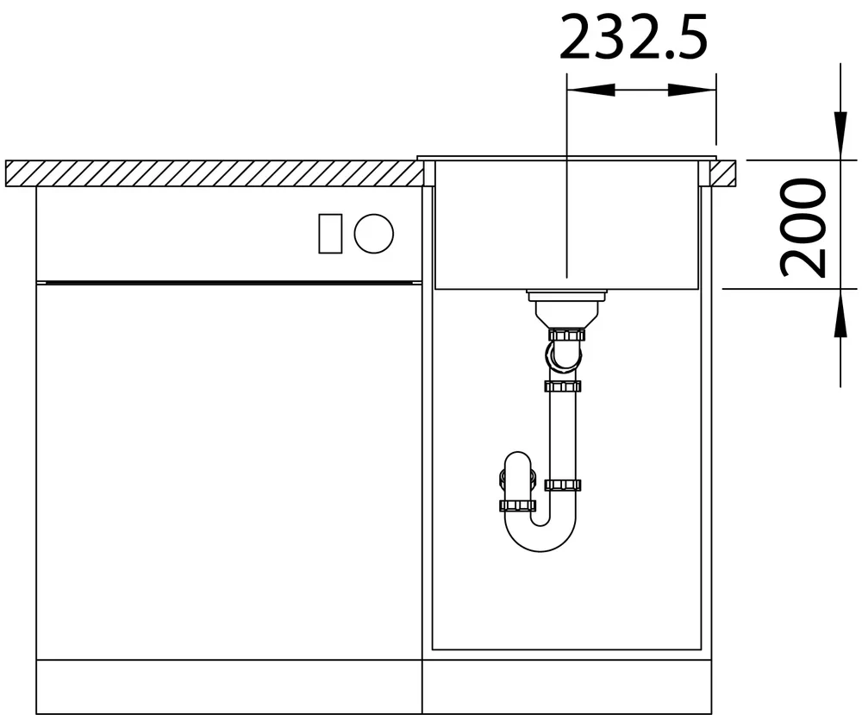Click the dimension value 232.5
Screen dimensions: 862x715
(x=634, y=37)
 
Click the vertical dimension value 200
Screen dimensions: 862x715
(x=803, y=227)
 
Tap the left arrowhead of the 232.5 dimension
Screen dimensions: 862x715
(x=590, y=90)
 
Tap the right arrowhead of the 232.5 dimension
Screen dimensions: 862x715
(x=692, y=90)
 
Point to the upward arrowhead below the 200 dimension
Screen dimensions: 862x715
(x=840, y=312)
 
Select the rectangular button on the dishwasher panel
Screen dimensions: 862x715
(x=330, y=233)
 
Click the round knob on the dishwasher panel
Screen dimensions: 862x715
(x=374, y=233)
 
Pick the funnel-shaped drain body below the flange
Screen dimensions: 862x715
(x=566, y=316)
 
